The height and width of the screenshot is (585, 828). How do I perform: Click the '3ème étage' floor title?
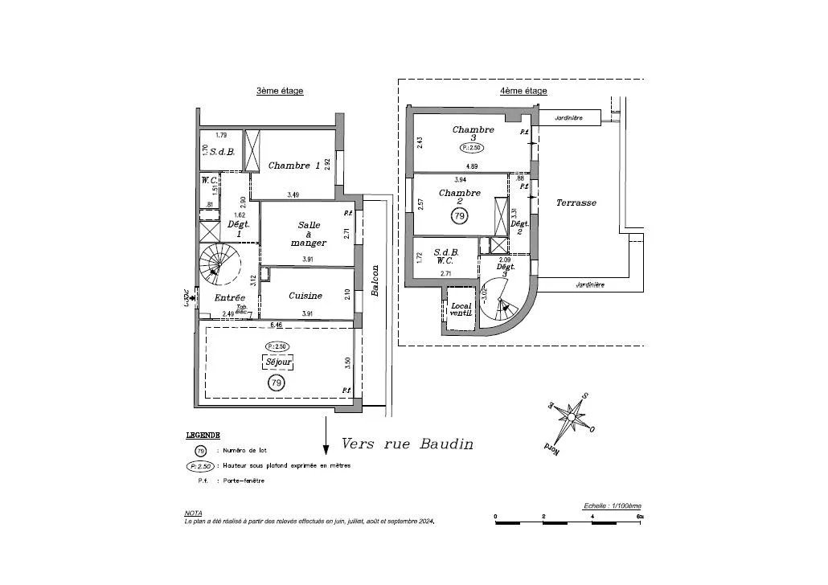coord(280,91)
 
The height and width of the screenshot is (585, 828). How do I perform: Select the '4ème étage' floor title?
coord(523,91)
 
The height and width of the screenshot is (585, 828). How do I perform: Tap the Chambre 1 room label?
coord(294,166)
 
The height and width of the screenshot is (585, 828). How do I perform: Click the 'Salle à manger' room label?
coord(309,234)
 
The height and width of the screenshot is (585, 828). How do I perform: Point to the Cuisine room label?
coord(305,296)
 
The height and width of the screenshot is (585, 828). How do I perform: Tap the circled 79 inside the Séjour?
coord(277,382)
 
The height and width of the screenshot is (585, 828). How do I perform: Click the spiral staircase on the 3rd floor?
coord(220,265)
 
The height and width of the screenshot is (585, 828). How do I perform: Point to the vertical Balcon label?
coord(375,280)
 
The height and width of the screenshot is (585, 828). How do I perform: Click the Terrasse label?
coord(576,203)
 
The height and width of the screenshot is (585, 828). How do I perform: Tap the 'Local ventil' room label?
coord(461,309)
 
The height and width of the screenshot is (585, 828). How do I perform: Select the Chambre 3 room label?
coord(473,133)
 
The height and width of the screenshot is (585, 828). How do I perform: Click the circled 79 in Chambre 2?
coord(460,216)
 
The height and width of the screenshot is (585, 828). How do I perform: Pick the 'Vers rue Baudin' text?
coord(408,444)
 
